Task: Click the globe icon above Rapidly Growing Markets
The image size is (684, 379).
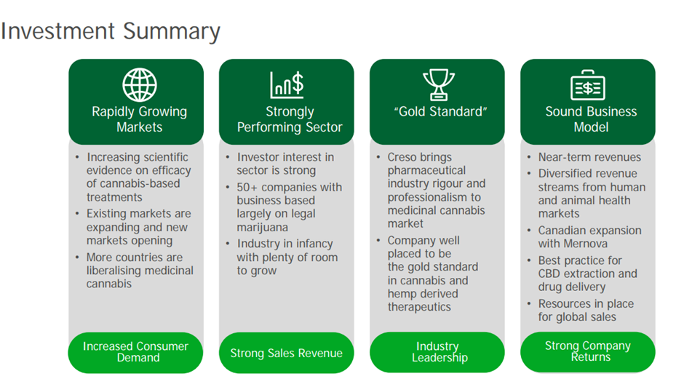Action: [139, 84]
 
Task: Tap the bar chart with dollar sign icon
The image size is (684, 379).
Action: [287, 84]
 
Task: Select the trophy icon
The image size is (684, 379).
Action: [438, 84]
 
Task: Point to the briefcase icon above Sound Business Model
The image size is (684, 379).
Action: [588, 85]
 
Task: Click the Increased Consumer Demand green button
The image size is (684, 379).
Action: [135, 352]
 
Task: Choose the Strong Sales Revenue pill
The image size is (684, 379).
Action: [286, 352]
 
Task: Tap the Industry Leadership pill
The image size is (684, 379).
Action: [437, 352]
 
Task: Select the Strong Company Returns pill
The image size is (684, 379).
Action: [588, 351]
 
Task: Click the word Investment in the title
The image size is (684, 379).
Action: [58, 31]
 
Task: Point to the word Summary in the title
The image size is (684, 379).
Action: [172, 32]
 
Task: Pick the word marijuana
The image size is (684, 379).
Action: [262, 227]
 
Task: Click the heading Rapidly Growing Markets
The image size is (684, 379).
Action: [139, 119]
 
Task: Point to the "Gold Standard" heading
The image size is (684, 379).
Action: [440, 111]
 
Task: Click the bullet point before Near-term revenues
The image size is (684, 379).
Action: [529, 157]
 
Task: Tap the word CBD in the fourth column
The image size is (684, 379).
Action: [549, 274]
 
